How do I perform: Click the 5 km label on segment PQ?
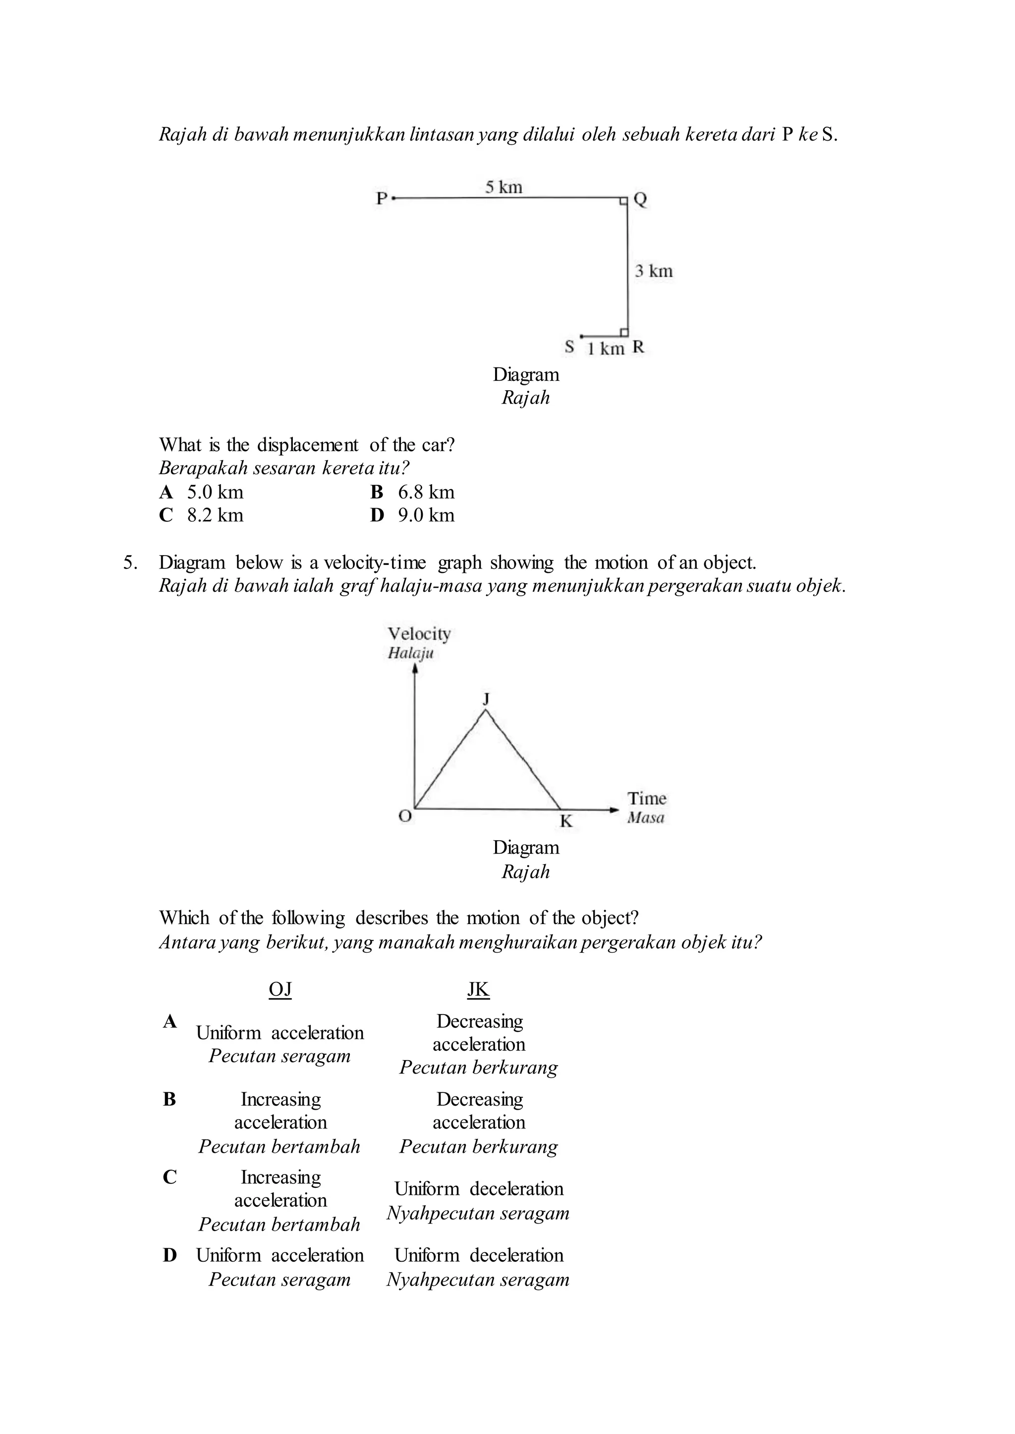(504, 187)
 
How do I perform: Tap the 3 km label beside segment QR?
(654, 271)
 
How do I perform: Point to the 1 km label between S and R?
(606, 349)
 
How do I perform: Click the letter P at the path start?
(381, 199)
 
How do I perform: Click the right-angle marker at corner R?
(624, 332)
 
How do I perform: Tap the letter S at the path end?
(569, 347)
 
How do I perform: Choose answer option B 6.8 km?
(412, 492)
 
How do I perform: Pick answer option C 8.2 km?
(201, 515)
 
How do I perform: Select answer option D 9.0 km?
(412, 515)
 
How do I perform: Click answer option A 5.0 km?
(201, 492)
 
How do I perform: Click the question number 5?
(130, 563)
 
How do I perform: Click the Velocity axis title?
(419, 634)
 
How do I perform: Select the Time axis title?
(647, 799)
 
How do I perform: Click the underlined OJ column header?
(280, 989)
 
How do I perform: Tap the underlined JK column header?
(478, 989)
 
